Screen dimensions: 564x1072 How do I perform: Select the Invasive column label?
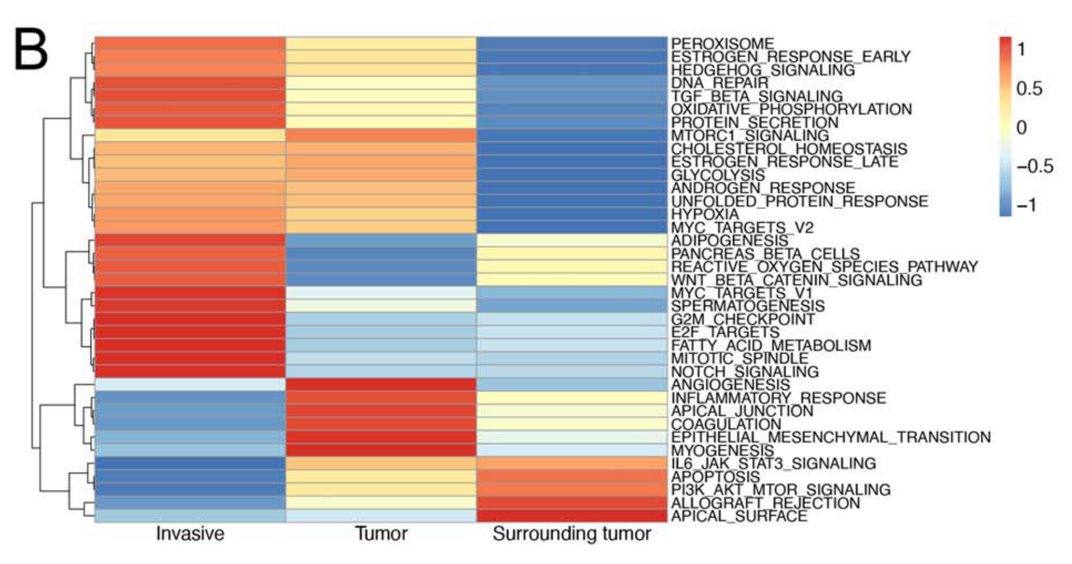pyautogui.click(x=190, y=534)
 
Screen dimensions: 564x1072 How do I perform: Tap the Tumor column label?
pyautogui.click(x=381, y=534)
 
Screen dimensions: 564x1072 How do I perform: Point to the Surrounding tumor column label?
pyautogui.click(x=572, y=534)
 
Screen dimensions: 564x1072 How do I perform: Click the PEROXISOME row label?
pyautogui.click(x=722, y=44)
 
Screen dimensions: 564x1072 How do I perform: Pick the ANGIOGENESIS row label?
pyautogui.click(x=730, y=385)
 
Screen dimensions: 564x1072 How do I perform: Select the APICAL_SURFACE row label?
pyautogui.click(x=739, y=516)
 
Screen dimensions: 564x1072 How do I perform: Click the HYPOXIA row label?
pyautogui.click(x=705, y=215)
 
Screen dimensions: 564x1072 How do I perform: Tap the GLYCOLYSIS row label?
pyautogui.click(x=718, y=175)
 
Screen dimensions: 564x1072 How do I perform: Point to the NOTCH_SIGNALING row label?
pyautogui.click(x=745, y=372)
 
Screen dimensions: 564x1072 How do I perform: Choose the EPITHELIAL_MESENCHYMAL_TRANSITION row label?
pyautogui.click(x=831, y=438)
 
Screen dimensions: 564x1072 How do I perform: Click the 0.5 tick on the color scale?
pyautogui.click(x=1029, y=89)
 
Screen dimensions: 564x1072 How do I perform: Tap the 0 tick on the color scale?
pyautogui.click(x=1022, y=128)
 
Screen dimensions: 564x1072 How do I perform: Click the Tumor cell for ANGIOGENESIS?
pyautogui.click(x=381, y=384)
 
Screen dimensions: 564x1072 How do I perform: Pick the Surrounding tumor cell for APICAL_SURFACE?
pyautogui.click(x=572, y=516)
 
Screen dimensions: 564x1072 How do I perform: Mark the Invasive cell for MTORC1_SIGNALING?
pyautogui.click(x=190, y=135)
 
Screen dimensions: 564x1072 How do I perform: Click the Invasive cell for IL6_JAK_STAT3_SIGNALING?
pyautogui.click(x=190, y=463)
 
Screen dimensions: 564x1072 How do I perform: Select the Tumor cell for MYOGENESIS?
pyautogui.click(x=381, y=450)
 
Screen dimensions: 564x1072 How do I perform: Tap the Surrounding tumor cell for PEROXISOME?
pyautogui.click(x=572, y=43)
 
